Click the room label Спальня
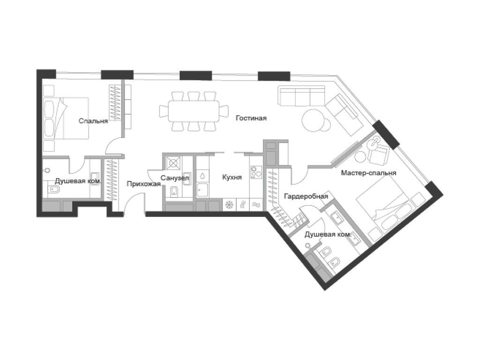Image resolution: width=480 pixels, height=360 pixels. pos(93,121)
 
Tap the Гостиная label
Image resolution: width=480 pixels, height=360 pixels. pos(251,118)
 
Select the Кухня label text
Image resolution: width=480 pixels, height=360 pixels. pos(232,177)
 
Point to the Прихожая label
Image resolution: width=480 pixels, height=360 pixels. pos(140,184)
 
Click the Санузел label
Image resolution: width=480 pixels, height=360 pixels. pos(174,178)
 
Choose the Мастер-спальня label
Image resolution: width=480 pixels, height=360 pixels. pos(368,173)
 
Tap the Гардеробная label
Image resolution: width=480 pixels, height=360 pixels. pos(306,196)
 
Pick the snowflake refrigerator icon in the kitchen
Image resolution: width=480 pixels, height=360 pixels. pos(230,205)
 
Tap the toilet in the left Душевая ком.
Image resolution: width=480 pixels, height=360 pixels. pos(53,190)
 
